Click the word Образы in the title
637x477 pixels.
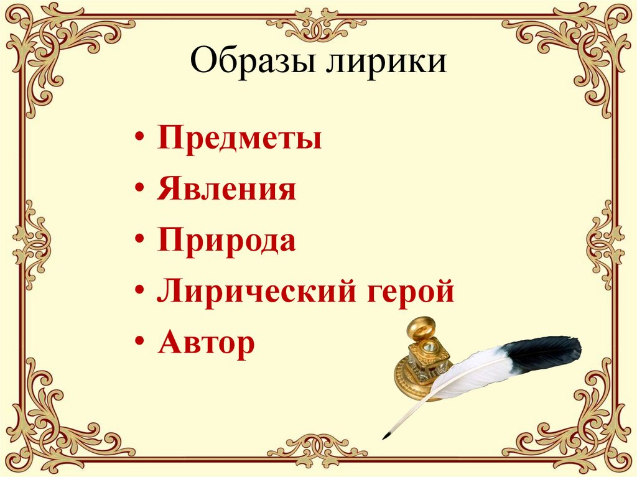pyautogui.click(x=251, y=63)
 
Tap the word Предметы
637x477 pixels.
pyautogui.click(x=239, y=139)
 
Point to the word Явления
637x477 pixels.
pyautogui.click(x=226, y=190)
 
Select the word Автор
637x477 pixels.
pyautogui.click(x=207, y=343)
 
